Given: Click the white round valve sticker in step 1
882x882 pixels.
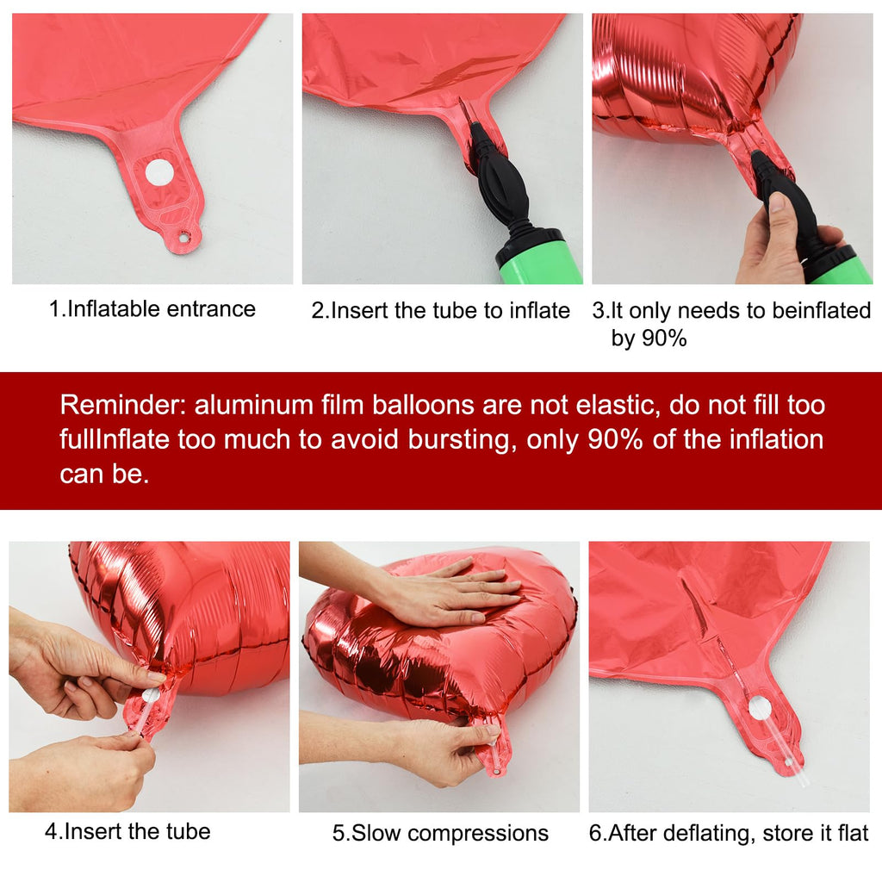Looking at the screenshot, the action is [x=159, y=172].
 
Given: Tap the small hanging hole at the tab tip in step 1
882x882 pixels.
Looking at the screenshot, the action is [x=184, y=238].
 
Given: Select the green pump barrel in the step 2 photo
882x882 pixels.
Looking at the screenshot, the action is [x=534, y=256].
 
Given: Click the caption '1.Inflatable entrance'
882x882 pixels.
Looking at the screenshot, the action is [x=152, y=309].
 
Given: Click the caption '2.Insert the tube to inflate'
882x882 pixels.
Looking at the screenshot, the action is [x=441, y=310].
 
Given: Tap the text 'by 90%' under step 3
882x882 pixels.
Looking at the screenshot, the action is [x=649, y=338].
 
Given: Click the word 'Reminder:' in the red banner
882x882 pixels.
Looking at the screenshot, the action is [x=123, y=405].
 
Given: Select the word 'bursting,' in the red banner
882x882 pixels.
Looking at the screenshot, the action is [x=462, y=439].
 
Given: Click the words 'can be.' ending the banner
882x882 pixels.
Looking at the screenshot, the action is [x=104, y=474].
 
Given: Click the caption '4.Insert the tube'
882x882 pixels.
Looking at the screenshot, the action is [x=127, y=831].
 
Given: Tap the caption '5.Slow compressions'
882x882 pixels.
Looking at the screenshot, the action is [x=440, y=833].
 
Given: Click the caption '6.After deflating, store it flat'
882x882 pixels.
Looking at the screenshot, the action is [x=729, y=833].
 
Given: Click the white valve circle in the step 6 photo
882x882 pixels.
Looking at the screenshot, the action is [x=760, y=707].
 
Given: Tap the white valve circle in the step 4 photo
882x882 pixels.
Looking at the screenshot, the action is [x=149, y=695].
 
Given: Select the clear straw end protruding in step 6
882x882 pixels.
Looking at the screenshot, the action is [x=798, y=772].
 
